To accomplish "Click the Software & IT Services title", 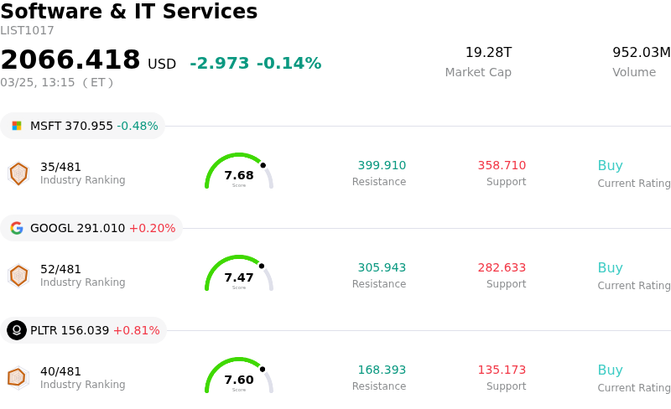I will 129,13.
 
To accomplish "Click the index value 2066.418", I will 70,60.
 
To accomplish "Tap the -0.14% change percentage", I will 289,64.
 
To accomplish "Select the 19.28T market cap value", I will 488,53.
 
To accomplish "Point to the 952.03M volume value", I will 641,53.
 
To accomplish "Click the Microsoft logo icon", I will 17,126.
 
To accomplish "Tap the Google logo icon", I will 17,228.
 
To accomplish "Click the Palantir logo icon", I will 17,330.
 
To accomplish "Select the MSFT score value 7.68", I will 239,175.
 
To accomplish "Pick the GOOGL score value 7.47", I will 239,277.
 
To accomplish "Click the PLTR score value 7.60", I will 239,380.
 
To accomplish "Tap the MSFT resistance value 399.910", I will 382,166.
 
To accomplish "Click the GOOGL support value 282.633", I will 502,268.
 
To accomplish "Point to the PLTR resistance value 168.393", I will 382,370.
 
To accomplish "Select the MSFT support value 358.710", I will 502,166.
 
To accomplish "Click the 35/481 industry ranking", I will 60,167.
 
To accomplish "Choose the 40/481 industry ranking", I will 60,371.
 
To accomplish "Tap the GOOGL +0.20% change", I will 152,228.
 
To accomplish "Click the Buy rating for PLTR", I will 610,370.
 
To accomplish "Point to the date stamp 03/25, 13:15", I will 38,82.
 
